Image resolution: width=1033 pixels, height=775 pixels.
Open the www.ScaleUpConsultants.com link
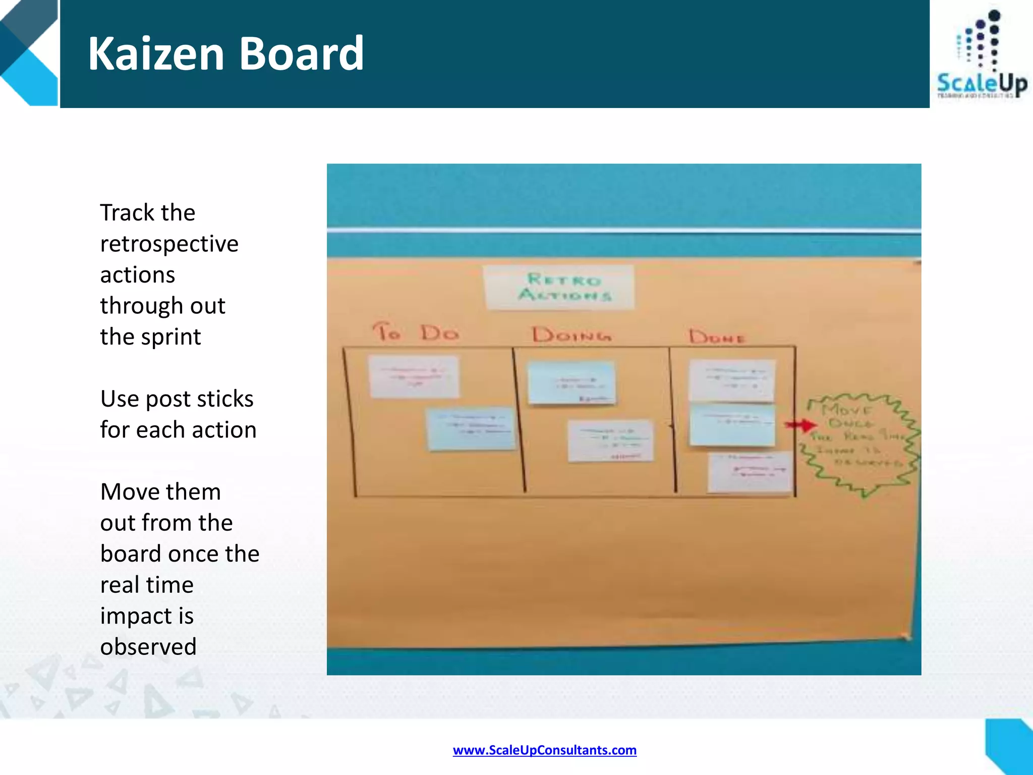point(544,750)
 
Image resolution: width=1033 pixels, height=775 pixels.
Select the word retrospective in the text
point(169,244)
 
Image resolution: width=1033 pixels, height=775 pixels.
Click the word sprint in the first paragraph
point(171,337)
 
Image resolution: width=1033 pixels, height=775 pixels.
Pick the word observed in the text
point(148,647)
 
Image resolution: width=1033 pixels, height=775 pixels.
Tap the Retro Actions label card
point(559,287)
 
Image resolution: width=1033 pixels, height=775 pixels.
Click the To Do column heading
point(416,333)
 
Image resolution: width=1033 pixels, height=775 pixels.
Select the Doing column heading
point(571,335)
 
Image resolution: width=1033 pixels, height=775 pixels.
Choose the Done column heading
point(717,337)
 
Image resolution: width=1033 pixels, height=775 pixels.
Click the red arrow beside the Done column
point(801,425)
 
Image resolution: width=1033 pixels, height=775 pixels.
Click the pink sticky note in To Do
point(414,376)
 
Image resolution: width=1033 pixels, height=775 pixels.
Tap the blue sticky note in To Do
point(471,428)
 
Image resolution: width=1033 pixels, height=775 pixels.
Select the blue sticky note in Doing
point(571,382)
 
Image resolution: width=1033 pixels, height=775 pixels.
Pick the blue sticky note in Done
point(731,425)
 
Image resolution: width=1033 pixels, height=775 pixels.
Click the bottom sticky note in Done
point(750,472)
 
